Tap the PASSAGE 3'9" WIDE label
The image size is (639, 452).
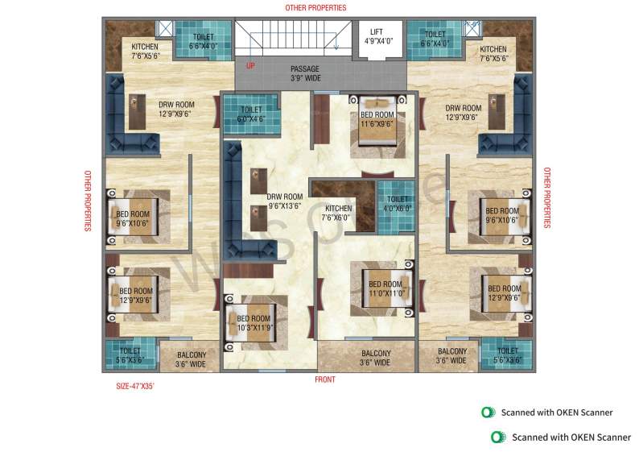coord(304,74)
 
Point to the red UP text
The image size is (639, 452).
coord(250,65)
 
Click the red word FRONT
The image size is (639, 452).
coord(324,379)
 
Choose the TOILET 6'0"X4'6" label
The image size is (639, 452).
coord(251,114)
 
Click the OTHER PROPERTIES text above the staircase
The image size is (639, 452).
coord(315,7)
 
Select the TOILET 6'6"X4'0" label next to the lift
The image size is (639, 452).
coord(435,39)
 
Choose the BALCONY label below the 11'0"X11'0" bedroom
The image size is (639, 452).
coord(376,358)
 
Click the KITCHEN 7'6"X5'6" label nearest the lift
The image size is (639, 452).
coord(493,54)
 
